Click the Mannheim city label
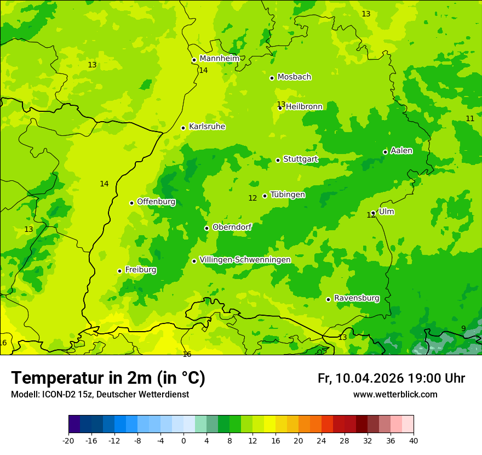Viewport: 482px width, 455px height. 219,59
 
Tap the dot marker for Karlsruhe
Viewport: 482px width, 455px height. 183,128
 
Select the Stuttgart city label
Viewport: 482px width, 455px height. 300,159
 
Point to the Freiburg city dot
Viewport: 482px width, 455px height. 119,271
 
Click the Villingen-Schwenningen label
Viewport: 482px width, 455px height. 245,260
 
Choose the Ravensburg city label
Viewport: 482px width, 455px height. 356,298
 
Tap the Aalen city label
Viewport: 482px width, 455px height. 401,151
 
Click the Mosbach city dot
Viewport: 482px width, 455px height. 272,78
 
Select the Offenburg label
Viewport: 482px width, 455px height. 156,202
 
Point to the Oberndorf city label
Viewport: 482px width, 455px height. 232,227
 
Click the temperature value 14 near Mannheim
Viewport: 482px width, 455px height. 203,71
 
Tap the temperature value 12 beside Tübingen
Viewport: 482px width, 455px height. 253,198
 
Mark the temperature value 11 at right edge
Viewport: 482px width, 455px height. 470,119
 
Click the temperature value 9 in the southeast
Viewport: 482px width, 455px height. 463,329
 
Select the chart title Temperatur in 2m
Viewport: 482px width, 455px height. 108,378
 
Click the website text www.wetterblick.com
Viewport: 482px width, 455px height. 395,395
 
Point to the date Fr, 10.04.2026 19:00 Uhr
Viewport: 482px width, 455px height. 391,378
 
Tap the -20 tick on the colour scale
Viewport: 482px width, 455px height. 68,440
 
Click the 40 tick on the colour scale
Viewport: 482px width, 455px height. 414,440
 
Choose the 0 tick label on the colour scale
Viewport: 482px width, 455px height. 183,440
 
